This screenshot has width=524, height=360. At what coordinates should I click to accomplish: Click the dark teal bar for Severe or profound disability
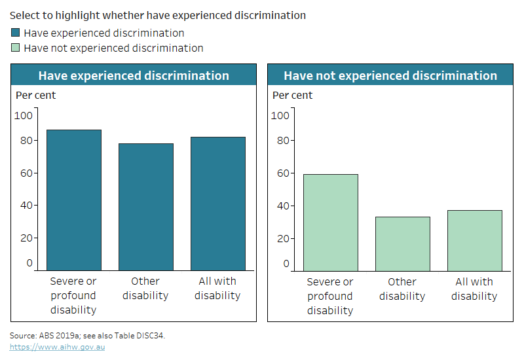pos(74,200)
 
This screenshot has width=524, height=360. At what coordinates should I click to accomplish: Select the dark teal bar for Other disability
pos(146,207)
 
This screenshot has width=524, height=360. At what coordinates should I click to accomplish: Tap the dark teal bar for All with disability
pos(217,204)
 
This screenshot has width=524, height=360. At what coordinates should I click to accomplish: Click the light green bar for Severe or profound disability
pos(331,222)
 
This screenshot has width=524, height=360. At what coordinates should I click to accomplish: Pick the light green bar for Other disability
pos(402,243)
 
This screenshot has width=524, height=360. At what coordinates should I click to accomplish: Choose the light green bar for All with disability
pos(474,240)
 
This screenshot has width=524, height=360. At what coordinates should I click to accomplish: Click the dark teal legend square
pos(16,33)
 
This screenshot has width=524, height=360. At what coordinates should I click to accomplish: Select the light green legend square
pos(16,48)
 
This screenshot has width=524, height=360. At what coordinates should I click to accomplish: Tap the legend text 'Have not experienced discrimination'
pos(113,48)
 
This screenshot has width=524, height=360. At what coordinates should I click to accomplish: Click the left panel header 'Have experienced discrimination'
pos(134,75)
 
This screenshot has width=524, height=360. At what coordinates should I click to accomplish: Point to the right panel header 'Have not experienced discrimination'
pos(390,75)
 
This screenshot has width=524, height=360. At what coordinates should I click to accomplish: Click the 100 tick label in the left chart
pos(24,116)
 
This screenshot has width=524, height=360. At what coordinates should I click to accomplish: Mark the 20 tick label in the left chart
pos(25,238)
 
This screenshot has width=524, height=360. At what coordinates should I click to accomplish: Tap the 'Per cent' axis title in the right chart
pos(292,96)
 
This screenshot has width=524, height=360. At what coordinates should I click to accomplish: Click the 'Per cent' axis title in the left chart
pos(35,96)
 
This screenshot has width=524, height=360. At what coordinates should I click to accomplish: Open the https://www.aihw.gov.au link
pos(57,347)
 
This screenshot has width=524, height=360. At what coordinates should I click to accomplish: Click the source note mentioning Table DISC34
pos(87,335)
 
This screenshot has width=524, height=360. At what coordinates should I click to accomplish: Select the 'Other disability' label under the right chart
pos(402,289)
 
